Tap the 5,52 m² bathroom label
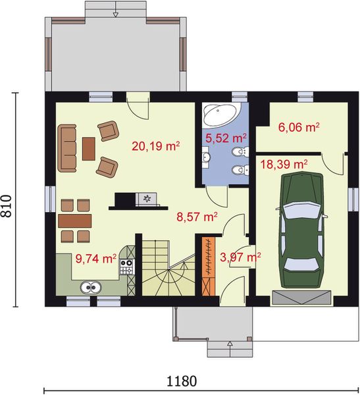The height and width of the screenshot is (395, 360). [226, 138]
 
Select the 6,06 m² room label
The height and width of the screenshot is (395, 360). [299, 127]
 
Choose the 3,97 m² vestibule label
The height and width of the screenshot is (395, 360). [240, 257]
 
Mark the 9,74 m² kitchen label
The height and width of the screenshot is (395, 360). [96, 259]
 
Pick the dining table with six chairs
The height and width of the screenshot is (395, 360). [74, 219]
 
